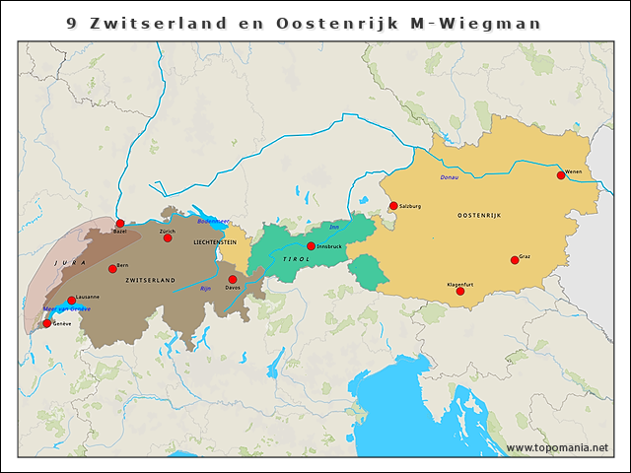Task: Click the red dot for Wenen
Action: pyautogui.click(x=561, y=175)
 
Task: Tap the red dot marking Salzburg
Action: pyautogui.click(x=393, y=206)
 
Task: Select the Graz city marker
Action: pyautogui.click(x=515, y=260)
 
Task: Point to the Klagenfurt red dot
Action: pyautogui.click(x=460, y=291)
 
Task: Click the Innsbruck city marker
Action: pyautogui.click(x=311, y=246)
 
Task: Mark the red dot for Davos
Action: pyautogui.click(x=233, y=279)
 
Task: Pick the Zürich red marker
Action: pyautogui.click(x=168, y=237)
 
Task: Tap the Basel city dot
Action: pyautogui.click(x=120, y=224)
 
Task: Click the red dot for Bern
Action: pyautogui.click(x=113, y=269)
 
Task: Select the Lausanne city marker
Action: pyautogui.click(x=71, y=301)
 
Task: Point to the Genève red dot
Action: pyautogui.click(x=46, y=323)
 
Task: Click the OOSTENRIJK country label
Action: pyautogui.click(x=481, y=215)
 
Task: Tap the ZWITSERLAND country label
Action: pyautogui.click(x=150, y=281)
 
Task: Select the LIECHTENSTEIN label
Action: pyautogui.click(x=214, y=241)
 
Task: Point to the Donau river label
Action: pyautogui.click(x=449, y=177)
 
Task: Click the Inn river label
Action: pyautogui.click(x=333, y=227)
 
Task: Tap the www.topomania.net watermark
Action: pyautogui.click(x=557, y=447)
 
